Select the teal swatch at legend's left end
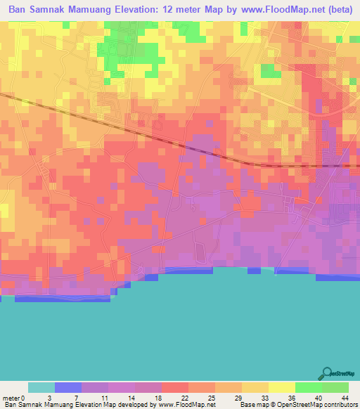click(41, 387)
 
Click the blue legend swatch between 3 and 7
click(68, 387)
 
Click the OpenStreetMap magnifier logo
click(327, 374)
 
